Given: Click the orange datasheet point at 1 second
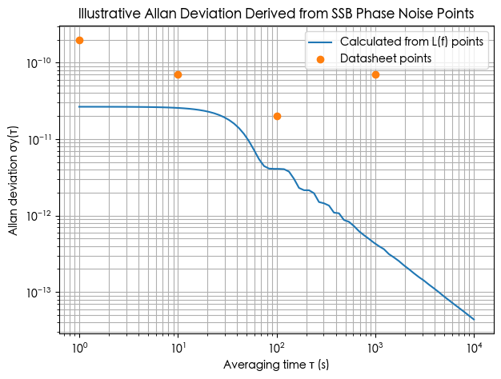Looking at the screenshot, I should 79,40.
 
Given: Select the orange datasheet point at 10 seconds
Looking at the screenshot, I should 178,74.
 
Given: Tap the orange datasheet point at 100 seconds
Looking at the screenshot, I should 277,116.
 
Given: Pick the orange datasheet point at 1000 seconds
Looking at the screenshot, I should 375,74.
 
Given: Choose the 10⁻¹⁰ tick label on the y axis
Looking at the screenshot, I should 40,62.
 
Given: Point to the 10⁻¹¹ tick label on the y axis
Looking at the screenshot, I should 40,139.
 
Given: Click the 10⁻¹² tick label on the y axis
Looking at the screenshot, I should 40,216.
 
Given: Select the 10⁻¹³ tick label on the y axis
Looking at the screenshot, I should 40,293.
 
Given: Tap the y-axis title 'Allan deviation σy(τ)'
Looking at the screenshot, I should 14,180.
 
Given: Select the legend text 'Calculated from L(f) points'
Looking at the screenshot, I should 411,42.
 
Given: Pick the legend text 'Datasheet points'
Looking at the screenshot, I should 386,58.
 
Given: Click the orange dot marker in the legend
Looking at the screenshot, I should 321,58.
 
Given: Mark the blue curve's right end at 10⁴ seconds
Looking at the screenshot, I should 474,320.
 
